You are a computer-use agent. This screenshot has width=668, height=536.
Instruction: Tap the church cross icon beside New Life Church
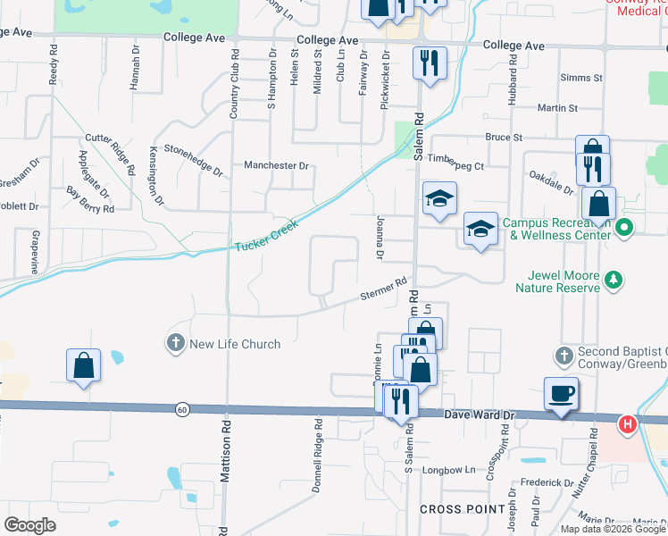point(175,343)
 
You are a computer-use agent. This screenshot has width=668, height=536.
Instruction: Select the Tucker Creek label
point(264,237)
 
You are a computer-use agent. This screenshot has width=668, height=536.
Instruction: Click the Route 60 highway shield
point(182,409)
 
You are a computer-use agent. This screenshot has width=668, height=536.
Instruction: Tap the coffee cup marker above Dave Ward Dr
point(561,393)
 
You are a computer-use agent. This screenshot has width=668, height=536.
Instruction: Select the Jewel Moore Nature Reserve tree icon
point(613,281)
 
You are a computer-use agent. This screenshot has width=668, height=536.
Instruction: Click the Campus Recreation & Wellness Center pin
point(624,229)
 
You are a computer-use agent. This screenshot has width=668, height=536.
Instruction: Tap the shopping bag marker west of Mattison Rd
point(83,365)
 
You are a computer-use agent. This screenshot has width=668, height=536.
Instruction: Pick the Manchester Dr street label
point(276,165)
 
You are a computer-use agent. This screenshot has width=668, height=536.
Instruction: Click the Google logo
point(30,525)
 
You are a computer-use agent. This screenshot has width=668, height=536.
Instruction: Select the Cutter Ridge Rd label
point(110,154)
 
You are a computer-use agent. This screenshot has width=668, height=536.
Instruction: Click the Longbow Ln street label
point(447,469)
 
